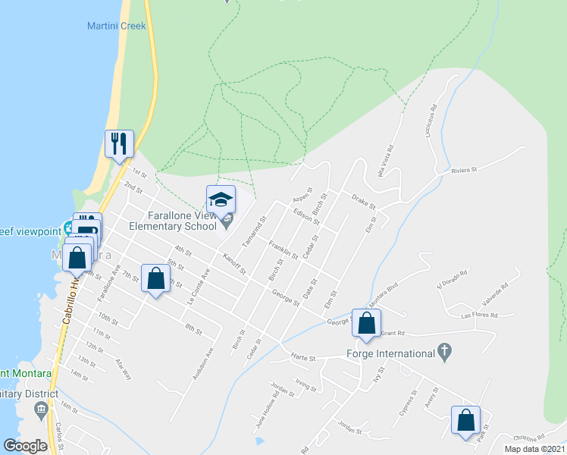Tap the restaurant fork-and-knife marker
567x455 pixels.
119,143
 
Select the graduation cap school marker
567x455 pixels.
221,200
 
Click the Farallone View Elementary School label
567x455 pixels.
172,221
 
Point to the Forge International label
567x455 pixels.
390,353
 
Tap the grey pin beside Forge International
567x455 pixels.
445,352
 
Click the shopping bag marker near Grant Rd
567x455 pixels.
366,322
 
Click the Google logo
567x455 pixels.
26,446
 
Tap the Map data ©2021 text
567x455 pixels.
534,449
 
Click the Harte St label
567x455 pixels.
303,357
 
